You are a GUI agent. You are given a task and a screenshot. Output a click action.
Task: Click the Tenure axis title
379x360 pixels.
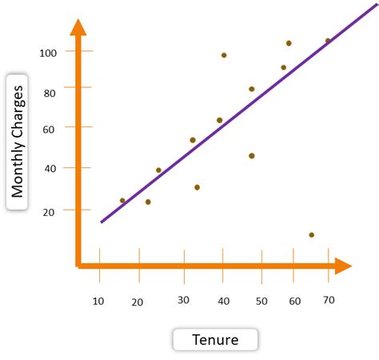click(216, 340)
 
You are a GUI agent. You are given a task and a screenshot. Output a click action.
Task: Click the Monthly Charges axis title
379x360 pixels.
click(18, 142)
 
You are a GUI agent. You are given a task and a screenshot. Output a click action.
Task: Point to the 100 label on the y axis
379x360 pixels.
click(50, 52)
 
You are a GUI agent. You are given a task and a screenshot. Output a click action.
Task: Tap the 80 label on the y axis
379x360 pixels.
click(50, 93)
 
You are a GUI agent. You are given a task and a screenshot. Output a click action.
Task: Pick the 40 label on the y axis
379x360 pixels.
click(50, 168)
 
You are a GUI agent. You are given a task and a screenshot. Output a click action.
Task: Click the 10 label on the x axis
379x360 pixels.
click(98, 301)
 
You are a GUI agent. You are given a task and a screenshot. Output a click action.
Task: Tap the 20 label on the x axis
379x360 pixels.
click(138, 302)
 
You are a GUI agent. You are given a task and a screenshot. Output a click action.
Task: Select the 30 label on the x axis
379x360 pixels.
click(184, 300)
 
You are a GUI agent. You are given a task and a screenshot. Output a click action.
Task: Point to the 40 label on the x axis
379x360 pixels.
click(223, 302)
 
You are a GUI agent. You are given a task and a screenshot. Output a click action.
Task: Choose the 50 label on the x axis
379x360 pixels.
click(261, 302)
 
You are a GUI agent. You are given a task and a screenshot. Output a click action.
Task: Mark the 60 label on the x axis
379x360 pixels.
click(295, 301)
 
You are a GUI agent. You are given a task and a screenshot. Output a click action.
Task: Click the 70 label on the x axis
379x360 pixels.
click(328, 299)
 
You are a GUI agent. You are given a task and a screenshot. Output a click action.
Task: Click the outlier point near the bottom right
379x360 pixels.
click(311, 234)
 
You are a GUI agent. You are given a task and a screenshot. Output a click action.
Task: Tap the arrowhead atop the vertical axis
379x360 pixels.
click(78, 27)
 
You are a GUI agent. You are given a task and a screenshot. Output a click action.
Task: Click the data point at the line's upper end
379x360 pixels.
click(328, 41)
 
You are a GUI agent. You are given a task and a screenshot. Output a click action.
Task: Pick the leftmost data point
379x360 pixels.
click(122, 201)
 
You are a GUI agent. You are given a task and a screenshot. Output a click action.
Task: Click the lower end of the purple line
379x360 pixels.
click(102, 222)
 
